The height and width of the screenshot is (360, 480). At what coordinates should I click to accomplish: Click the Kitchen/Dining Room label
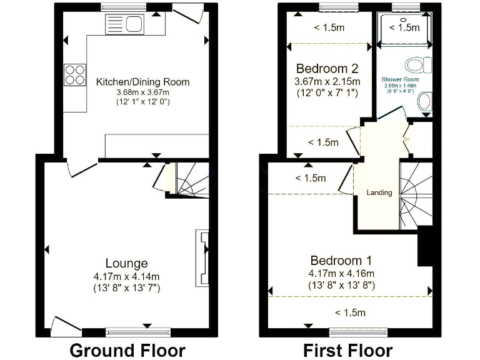coord(142,82)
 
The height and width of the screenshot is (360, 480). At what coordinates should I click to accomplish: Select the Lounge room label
coord(126,263)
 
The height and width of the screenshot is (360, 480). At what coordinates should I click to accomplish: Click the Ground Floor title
coord(127,350)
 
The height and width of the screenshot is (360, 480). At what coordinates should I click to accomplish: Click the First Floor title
coord(347,350)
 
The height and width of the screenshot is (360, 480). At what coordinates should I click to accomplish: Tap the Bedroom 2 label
coord(327,68)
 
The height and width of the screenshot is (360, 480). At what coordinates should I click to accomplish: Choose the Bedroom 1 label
coord(341,261)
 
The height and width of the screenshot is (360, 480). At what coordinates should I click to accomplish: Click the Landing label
coord(379,192)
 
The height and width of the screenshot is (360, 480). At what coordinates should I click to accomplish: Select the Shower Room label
coord(400,80)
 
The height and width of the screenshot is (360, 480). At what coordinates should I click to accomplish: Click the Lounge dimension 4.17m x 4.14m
coord(126,276)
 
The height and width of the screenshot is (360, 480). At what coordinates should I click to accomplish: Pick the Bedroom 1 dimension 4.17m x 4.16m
coord(341,274)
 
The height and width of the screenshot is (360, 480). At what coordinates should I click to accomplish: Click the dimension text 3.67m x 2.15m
coord(327,81)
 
